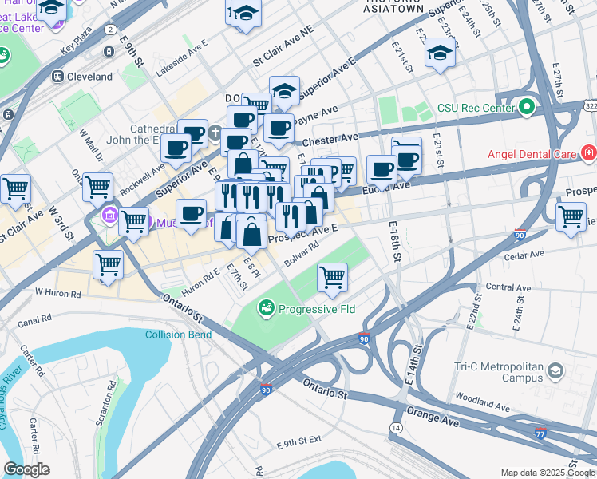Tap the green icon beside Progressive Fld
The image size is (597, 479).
coord(267,307)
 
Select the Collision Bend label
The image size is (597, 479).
coord(179,335)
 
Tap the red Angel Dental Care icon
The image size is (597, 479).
coord(588,152)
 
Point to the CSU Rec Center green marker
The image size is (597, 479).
coord(526,107)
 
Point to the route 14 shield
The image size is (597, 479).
coord(396,428)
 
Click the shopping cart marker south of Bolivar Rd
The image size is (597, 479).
coord(331,277)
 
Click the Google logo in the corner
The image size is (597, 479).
coord(26,469)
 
